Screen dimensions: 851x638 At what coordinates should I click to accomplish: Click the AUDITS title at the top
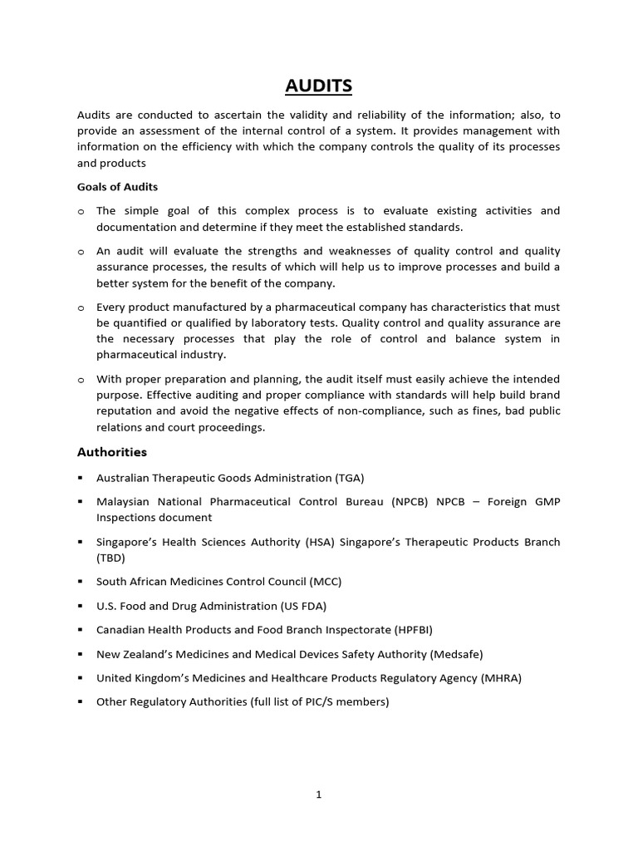coord(319,85)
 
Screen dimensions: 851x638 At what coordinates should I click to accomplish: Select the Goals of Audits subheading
coord(117,187)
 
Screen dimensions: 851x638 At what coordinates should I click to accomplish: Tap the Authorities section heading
coord(111,452)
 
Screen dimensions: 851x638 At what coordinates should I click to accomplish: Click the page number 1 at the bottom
coord(318,794)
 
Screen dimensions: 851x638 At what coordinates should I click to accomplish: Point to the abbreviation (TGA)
coord(350,478)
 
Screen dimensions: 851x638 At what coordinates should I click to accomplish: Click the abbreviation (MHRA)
coord(501,678)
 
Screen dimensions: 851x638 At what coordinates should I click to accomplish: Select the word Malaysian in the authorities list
coord(123,502)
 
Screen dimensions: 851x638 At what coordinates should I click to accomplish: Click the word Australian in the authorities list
coord(124,478)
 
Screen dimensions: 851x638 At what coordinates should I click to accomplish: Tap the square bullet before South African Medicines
coord(81,582)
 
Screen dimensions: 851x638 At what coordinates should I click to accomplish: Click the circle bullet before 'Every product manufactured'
coord(81,307)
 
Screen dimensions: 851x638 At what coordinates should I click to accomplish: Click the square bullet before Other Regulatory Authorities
coord(81,702)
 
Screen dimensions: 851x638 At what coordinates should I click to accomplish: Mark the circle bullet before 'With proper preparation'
coord(81,380)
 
